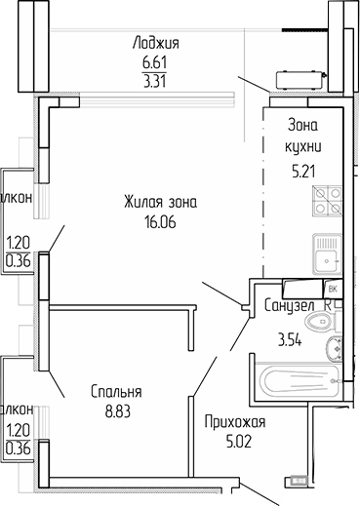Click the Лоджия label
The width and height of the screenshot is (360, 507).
coord(159,43)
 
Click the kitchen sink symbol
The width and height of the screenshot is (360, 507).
coord(326,255)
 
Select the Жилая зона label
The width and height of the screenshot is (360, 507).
coord(161,203)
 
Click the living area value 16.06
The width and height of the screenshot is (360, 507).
coord(161,221)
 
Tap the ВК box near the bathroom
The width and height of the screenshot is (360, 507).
coord(332,289)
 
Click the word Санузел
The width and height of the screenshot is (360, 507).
coord(289,306)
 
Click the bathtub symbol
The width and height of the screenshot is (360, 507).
coord(293,385)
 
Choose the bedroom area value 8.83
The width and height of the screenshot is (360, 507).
coord(119,409)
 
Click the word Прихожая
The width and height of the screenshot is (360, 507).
coord(235,422)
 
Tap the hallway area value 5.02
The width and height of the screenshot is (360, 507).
coord(235,441)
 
